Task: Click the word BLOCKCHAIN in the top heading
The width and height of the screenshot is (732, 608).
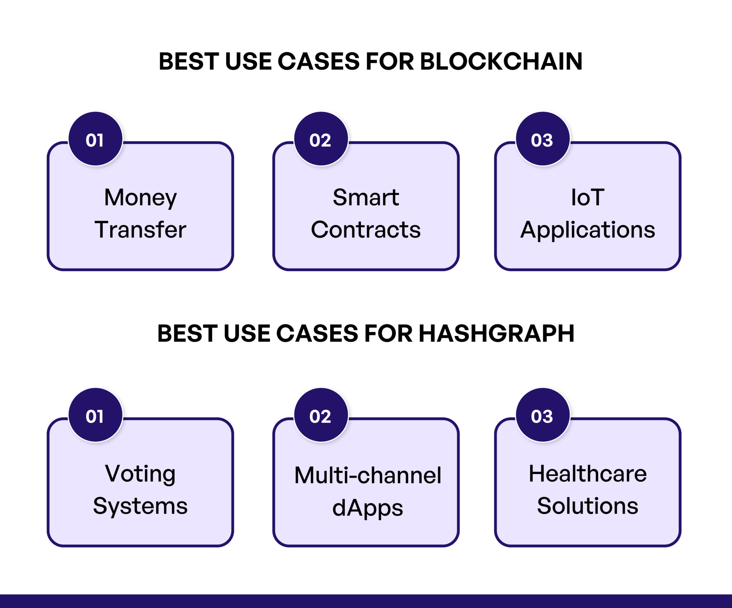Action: (501, 61)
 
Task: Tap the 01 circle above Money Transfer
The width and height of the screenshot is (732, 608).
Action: (95, 139)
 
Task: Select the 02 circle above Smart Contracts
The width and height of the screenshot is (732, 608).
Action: (321, 139)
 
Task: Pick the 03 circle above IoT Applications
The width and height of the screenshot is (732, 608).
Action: (543, 139)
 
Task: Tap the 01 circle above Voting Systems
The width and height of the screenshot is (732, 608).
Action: (95, 415)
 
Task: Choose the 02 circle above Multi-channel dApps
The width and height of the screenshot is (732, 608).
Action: (321, 415)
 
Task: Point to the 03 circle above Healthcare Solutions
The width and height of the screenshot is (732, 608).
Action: (543, 415)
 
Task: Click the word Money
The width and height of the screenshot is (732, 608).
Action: (140, 198)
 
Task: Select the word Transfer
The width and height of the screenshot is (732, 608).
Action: (140, 229)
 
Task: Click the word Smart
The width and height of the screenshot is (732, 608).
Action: (366, 197)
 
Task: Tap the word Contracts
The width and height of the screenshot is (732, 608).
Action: (366, 229)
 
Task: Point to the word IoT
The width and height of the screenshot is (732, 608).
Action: (588, 197)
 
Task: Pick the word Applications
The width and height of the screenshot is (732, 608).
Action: (588, 230)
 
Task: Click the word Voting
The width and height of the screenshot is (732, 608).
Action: (140, 474)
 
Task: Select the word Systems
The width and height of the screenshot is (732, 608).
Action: (140, 506)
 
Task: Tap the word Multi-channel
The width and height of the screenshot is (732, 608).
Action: (368, 475)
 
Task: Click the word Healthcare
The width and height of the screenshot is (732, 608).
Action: (588, 474)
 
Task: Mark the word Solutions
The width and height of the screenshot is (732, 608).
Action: (588, 506)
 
